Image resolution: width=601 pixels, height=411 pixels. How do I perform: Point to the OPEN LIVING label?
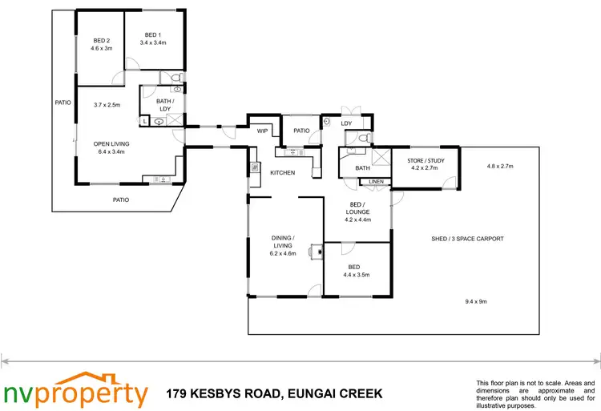coord(111,144)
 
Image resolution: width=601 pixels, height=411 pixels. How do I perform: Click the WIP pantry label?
coord(261,131)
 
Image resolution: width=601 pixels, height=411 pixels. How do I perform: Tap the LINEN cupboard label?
coord(375,182)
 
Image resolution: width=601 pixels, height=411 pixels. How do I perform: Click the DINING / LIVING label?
coord(283,238)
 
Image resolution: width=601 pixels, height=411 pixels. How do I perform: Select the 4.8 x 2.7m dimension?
coord(499,166)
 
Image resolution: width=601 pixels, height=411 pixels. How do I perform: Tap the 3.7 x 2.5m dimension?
coord(106,104)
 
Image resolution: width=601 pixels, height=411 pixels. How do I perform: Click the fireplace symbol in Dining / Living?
coord(320,252)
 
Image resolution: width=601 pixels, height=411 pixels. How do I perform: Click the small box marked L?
coord(144,121)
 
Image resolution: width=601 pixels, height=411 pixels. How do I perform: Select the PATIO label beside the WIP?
coord(301,131)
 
